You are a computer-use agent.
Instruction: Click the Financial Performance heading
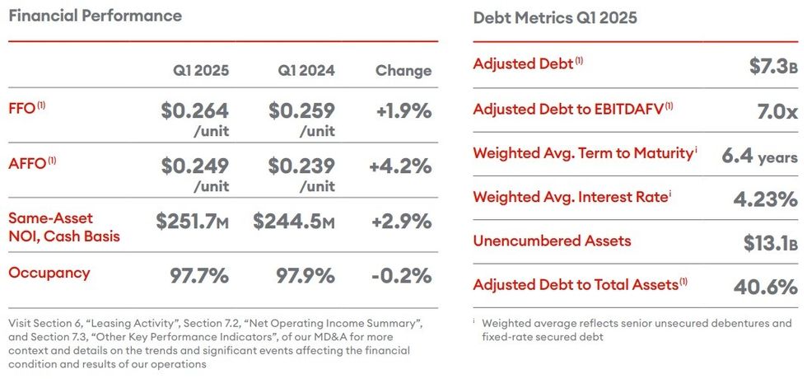pyautogui.click(x=95, y=16)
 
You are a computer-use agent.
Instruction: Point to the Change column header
pyautogui.click(x=403, y=71)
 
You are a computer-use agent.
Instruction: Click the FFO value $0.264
pyautogui.click(x=194, y=110)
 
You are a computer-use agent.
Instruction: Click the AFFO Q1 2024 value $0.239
pyautogui.click(x=301, y=166)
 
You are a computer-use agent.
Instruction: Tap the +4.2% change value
pyautogui.click(x=400, y=166)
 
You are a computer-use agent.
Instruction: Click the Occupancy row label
pyautogui.click(x=49, y=273)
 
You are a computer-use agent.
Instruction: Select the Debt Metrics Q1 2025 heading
pyautogui.click(x=555, y=18)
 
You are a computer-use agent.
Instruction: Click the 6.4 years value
pyautogui.click(x=759, y=156)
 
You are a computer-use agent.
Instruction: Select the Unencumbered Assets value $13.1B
pyautogui.click(x=767, y=242)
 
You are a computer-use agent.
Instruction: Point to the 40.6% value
pyautogui.click(x=765, y=287)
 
